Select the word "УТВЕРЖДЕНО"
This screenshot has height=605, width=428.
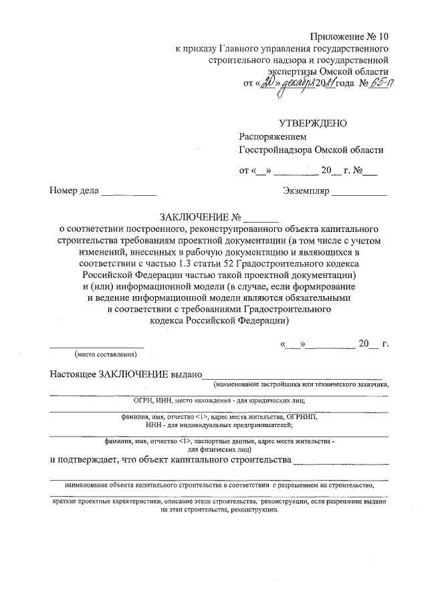[x=312, y=122]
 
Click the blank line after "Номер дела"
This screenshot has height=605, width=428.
[x=128, y=193]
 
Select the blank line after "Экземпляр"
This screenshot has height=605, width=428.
[x=359, y=193]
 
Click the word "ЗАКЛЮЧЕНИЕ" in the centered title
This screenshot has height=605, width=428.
[x=193, y=217]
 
